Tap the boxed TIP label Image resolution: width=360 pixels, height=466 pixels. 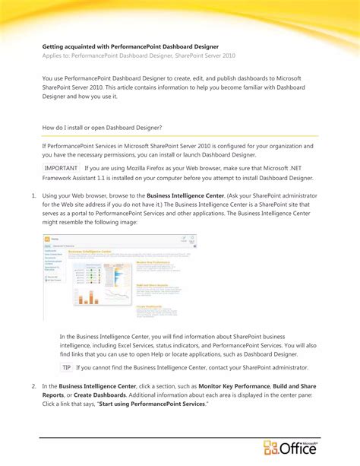[67, 366]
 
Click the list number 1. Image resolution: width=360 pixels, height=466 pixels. [34, 196]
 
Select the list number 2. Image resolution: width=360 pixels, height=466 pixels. [34, 386]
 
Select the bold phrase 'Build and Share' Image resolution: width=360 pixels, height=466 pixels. [295, 386]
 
